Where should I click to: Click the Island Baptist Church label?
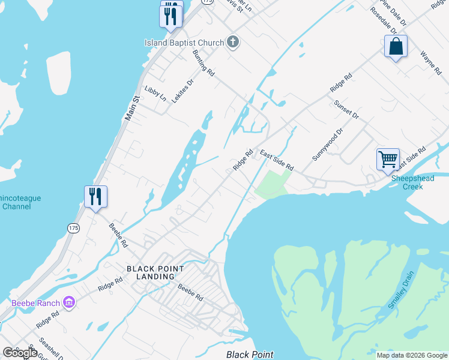tap(184, 43)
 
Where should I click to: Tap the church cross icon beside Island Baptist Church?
tap(234, 43)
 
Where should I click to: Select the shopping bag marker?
tap(396, 47)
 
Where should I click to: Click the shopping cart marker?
tap(388, 160)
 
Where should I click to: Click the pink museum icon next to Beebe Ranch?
tap(69, 302)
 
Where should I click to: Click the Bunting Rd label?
tap(203, 63)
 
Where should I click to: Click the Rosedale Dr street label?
tap(383, 20)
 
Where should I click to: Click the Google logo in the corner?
tap(20, 353)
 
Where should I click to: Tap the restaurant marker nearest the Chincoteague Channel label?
tap(95, 197)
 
